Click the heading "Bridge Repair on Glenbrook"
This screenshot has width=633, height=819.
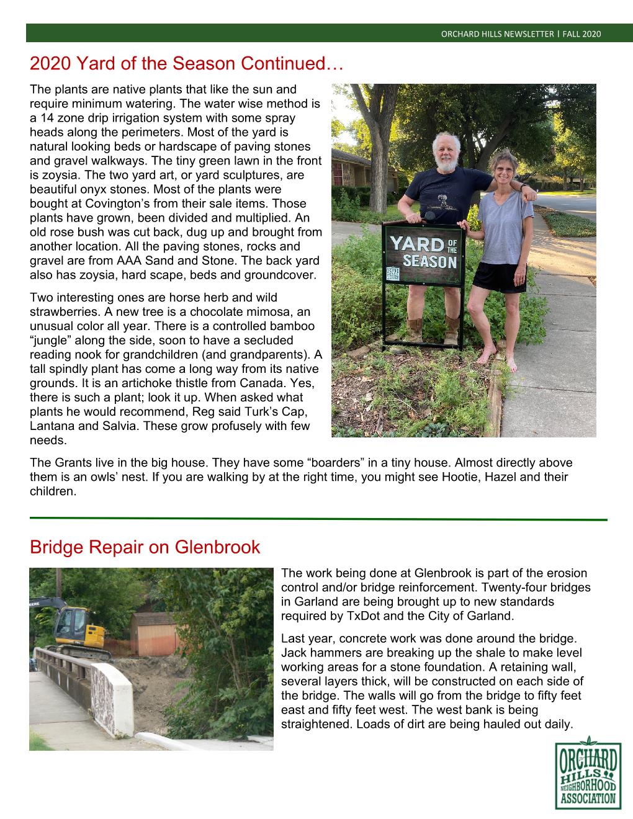click(145, 548)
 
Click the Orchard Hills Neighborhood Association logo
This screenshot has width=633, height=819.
click(587, 772)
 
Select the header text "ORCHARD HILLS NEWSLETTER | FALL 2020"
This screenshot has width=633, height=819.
click(521, 34)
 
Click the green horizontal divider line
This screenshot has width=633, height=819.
click(318, 518)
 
